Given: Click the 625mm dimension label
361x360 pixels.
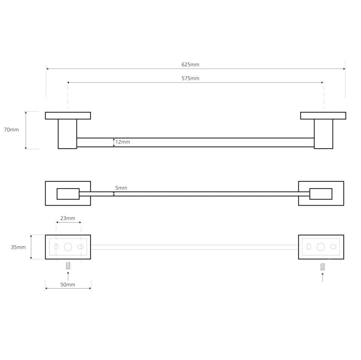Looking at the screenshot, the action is (x=190, y=65).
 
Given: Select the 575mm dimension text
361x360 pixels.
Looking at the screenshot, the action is (x=190, y=78).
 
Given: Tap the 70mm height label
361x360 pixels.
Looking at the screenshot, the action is (x=11, y=130).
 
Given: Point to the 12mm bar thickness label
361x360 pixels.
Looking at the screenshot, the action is (x=123, y=142).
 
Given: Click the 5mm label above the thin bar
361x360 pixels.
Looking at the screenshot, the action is (x=121, y=188).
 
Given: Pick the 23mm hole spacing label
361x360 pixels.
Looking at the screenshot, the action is (x=68, y=218).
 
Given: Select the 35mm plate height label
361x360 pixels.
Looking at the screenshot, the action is (x=18, y=247).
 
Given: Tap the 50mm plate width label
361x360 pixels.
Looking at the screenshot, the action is (x=68, y=285).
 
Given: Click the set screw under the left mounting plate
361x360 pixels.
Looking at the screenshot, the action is (x=68, y=266).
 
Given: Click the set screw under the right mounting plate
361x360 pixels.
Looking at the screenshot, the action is (x=322, y=267).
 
